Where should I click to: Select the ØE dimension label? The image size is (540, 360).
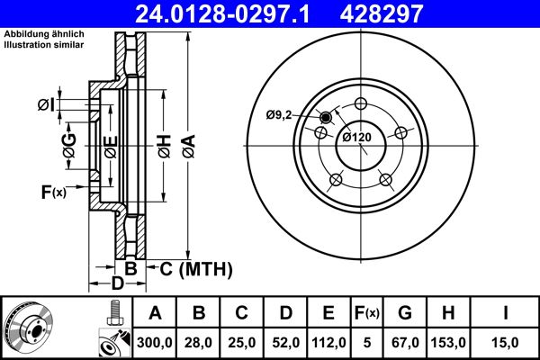tap(110, 147)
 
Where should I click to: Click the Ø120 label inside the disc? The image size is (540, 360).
tap(358, 137)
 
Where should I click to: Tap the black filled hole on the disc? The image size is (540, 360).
tap(326, 118)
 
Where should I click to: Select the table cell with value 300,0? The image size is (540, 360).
tap(155, 342)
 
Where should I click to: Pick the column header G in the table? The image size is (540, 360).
tap(404, 313)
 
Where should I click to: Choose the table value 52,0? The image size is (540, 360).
tap(284, 342)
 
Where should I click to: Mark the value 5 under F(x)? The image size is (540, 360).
tap(365, 342)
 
